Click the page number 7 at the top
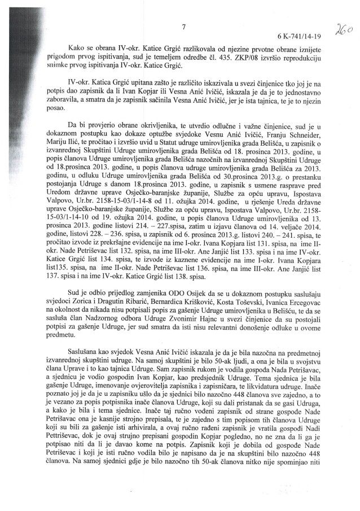[x=184, y=25]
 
